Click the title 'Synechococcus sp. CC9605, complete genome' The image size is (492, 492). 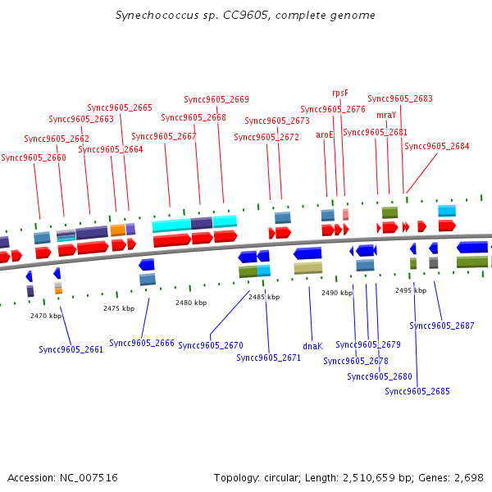(246, 16)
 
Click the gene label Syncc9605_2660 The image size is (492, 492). (34, 157)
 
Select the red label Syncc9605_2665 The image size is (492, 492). (120, 107)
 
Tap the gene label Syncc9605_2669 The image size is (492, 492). (216, 99)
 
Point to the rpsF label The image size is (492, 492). (340, 93)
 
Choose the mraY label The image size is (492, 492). (386, 115)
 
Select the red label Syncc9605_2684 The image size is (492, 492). (437, 146)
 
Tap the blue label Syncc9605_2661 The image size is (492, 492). (71, 349)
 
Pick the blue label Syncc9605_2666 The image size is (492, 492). (142, 343)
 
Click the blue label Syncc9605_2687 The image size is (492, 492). (442, 326)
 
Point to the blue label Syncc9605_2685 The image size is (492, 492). (417, 391)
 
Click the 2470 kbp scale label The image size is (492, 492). (46, 316)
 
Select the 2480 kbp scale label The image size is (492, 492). (191, 303)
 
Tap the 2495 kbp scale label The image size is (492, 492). (411, 290)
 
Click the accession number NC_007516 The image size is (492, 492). (62, 477)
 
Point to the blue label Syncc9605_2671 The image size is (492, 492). (269, 358)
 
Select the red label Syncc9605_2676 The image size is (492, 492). (333, 109)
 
